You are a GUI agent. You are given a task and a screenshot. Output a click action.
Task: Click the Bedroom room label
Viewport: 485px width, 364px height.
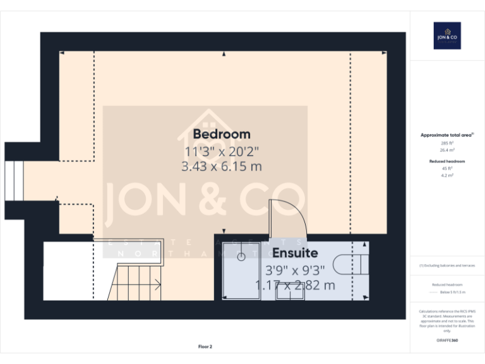pos(222,134)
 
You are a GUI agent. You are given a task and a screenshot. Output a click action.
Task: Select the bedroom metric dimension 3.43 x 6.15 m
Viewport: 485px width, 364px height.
pos(222,167)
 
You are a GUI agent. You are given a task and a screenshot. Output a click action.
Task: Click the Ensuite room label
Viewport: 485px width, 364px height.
pos(295,253)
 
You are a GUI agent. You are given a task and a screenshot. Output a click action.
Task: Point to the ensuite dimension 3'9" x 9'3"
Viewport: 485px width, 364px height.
pos(295,270)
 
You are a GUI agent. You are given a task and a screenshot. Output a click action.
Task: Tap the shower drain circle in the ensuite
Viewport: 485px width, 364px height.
pos(241,257)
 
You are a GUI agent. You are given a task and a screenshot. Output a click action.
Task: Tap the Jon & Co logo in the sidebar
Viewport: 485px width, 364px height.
pos(446,36)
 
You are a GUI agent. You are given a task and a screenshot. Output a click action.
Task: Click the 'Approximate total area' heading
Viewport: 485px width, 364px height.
pos(447,135)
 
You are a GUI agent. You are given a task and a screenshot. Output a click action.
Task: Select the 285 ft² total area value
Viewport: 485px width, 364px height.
pos(447,143)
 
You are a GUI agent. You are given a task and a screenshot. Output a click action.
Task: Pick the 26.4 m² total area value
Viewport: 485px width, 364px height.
pos(447,150)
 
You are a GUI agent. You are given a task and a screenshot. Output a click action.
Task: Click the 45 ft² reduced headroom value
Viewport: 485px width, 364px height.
pos(447,169)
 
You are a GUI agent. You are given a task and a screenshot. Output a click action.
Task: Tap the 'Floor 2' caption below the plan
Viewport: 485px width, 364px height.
pos(205,346)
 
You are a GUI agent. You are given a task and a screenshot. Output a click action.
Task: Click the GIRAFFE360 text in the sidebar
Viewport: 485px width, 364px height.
pos(447,341)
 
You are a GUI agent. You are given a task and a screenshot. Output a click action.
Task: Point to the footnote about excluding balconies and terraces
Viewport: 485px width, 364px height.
pos(447,265)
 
